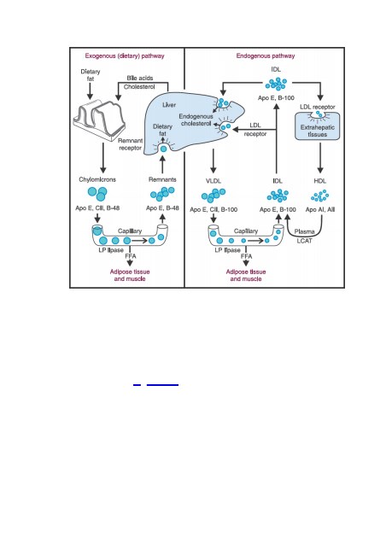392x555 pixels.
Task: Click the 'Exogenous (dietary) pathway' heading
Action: (x=125, y=55)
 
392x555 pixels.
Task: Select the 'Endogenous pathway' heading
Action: (x=266, y=55)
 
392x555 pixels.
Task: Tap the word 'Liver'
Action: (x=169, y=105)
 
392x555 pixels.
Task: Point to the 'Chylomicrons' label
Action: (x=97, y=179)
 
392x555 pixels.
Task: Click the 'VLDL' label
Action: (x=214, y=181)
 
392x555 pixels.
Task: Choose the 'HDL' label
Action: (x=319, y=181)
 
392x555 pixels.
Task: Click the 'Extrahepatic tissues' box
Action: (x=318, y=126)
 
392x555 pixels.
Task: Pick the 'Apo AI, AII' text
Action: (x=320, y=209)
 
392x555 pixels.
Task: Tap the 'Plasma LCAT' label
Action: (x=305, y=236)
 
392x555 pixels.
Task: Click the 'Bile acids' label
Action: (x=140, y=79)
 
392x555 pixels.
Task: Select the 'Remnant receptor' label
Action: (x=131, y=144)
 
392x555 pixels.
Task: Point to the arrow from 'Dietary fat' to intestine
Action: (x=90, y=91)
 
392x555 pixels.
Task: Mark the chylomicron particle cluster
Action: (x=97, y=193)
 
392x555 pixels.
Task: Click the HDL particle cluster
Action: (x=319, y=196)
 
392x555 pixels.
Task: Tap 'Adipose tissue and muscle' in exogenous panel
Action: (x=130, y=275)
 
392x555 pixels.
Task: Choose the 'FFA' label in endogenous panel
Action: (x=246, y=256)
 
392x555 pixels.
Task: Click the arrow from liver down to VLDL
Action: (x=214, y=161)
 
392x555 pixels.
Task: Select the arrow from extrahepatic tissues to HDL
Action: (x=320, y=157)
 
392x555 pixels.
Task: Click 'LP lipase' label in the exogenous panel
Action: (x=111, y=250)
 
